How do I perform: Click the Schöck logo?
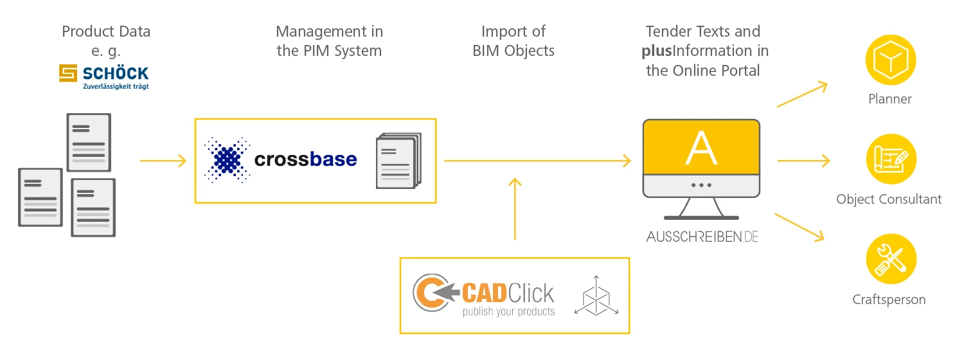click(x=103, y=76)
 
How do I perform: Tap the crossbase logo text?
click(x=305, y=159)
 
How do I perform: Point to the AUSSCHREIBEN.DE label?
click(x=702, y=237)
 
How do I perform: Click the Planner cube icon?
click(x=890, y=61)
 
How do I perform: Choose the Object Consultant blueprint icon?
click(x=890, y=160)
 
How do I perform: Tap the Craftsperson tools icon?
click(x=890, y=260)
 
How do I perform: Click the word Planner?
click(x=890, y=99)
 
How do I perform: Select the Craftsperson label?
click(x=889, y=300)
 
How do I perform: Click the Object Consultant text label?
click(x=889, y=199)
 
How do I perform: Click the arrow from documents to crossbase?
click(x=163, y=161)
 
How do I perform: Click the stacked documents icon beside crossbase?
click(x=398, y=161)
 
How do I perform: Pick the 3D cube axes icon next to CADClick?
click(x=596, y=295)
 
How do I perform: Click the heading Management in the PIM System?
click(x=329, y=41)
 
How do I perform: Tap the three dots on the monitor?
click(x=701, y=185)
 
